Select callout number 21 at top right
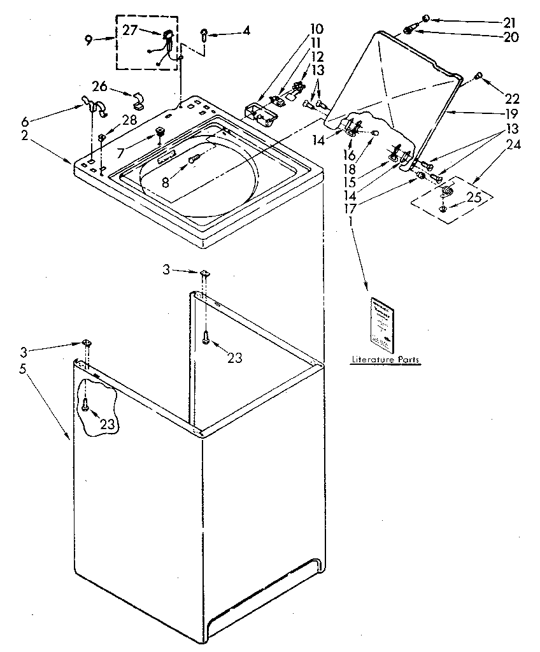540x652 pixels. point(509,22)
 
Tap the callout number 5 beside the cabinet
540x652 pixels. point(23,369)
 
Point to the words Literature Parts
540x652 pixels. point(386,360)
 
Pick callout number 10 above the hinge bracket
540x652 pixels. point(316,29)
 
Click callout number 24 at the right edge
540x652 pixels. point(513,145)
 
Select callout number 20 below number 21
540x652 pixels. point(510,37)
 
